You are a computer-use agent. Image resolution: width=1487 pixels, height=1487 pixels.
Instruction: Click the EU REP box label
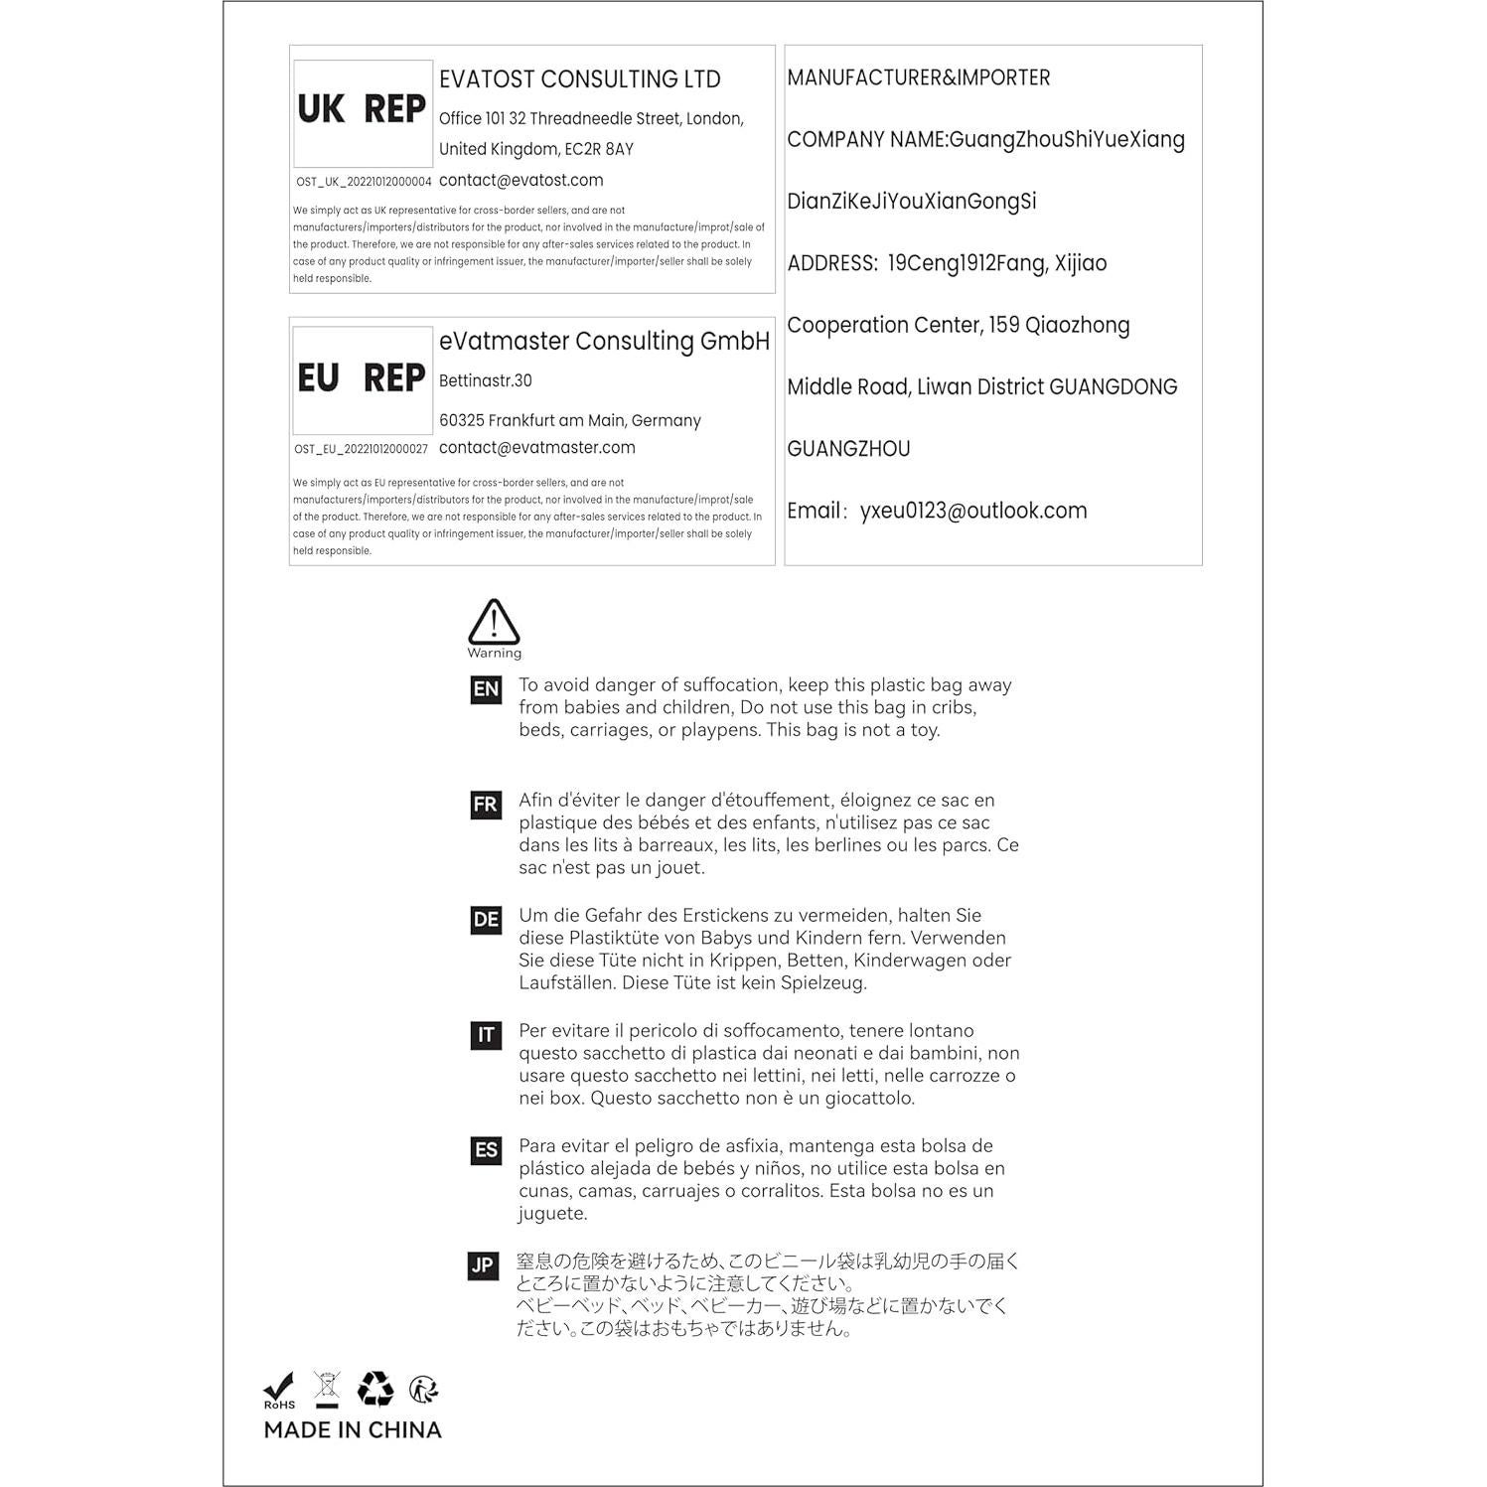point(363,378)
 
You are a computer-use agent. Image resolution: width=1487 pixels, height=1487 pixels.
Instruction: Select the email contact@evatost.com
point(520,180)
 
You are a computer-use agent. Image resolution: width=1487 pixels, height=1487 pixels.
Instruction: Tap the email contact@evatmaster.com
point(536,447)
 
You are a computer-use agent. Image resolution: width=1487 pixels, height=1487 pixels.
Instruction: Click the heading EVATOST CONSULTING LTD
point(579,79)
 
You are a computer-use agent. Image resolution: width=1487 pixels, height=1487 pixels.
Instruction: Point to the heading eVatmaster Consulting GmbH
point(604,341)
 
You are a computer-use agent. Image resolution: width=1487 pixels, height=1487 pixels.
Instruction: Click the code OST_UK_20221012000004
point(364,182)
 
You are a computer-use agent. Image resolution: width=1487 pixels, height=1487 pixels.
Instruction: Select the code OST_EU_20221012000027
point(362,449)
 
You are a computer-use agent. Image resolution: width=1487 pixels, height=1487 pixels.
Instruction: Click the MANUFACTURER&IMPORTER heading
point(918,77)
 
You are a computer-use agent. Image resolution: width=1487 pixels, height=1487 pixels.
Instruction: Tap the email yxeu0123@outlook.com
point(973,511)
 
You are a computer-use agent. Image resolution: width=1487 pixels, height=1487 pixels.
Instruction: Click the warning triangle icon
point(494,622)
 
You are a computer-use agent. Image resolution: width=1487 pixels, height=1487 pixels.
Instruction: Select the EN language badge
point(486,689)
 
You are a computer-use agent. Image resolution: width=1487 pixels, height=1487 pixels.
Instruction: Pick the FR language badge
point(486,805)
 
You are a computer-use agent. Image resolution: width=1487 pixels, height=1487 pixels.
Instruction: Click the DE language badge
point(486,920)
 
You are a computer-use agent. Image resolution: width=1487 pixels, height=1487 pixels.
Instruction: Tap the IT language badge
point(486,1035)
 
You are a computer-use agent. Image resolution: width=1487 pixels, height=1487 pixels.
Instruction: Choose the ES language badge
point(486,1150)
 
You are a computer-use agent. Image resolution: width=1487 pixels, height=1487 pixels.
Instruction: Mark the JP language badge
point(483,1265)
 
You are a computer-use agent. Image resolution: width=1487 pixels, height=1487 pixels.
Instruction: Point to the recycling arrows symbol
point(375,1389)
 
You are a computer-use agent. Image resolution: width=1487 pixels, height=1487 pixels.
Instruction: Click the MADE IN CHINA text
point(353,1430)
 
